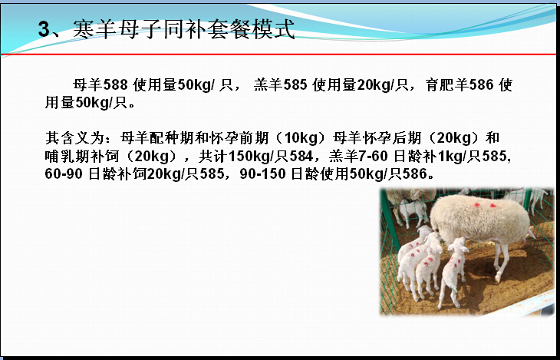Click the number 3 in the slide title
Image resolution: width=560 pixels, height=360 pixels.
(44, 29)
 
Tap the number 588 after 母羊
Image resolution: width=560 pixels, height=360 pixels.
(115, 85)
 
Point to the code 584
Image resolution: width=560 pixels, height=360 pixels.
(301, 156)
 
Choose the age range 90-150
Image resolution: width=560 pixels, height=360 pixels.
(262, 174)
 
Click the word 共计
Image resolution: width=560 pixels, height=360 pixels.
(213, 156)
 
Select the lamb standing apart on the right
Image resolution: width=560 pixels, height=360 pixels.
(453, 272)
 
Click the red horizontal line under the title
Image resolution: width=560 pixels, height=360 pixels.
(278, 54)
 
